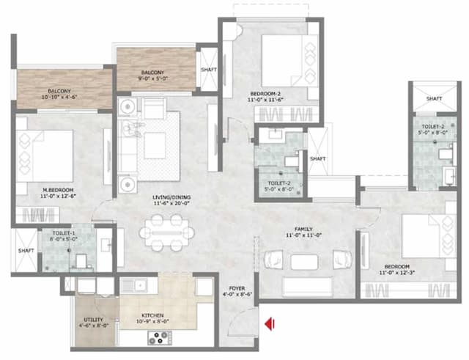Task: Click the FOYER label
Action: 236,288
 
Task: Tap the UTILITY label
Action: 93,320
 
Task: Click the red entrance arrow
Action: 270,322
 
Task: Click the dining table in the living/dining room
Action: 167,235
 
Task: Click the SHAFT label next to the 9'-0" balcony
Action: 208,70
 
